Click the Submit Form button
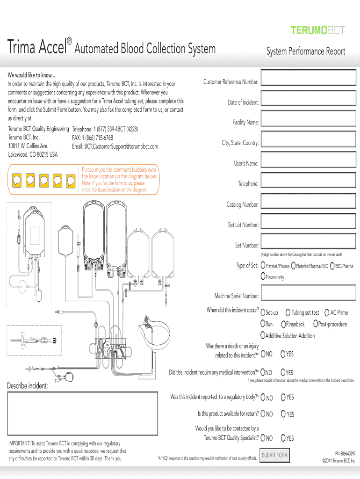point(275,455)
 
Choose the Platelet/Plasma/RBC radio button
point(293,266)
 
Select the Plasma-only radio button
point(262,277)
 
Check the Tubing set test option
point(288,312)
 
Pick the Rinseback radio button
point(283,324)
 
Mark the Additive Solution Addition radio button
point(263,336)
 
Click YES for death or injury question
point(283,354)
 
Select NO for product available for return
point(263,414)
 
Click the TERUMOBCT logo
point(318,30)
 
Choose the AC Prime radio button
point(327,312)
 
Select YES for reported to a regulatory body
point(283,398)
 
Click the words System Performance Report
point(306,51)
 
